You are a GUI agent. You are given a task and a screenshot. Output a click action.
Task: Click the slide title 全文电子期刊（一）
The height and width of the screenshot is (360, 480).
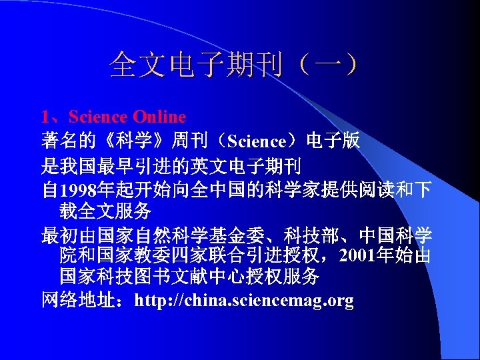(237, 65)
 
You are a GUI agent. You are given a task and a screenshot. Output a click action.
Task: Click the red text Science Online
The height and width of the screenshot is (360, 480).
(127, 117)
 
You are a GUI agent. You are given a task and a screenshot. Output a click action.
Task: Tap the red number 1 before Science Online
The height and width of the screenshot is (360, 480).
(45, 117)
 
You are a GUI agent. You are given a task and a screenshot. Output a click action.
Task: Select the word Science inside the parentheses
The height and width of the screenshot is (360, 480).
(257, 141)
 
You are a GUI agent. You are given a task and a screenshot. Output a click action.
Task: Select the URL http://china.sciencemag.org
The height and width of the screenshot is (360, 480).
(244, 301)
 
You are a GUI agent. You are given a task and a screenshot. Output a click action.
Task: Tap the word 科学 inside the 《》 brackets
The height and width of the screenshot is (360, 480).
(137, 141)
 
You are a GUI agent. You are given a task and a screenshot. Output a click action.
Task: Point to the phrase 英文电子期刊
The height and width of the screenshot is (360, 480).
(246, 165)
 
